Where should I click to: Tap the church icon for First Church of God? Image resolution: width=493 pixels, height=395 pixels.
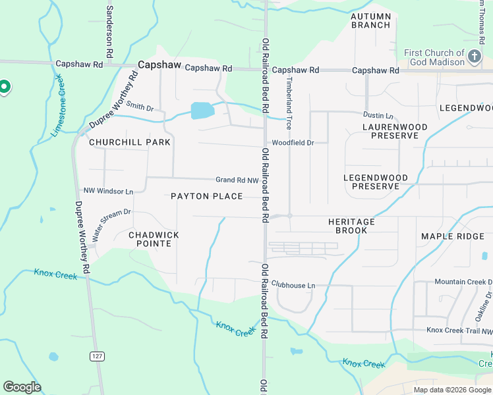pyautogui.click(x=475, y=57)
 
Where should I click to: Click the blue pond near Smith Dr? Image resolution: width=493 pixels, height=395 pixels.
pyautogui.click(x=202, y=111)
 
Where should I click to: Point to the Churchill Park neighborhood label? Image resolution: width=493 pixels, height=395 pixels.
pyautogui.click(x=130, y=142)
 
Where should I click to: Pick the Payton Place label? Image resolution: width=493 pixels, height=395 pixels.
pyautogui.click(x=206, y=196)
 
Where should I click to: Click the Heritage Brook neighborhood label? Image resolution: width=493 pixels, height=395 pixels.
pyautogui.click(x=351, y=226)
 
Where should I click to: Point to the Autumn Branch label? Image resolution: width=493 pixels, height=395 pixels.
pyautogui.click(x=371, y=20)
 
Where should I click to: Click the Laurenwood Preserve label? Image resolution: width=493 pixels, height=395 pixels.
pyautogui.click(x=395, y=131)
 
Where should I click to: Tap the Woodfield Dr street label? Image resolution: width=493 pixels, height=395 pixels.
pyautogui.click(x=293, y=142)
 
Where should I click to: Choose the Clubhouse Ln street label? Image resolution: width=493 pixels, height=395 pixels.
pyautogui.click(x=293, y=285)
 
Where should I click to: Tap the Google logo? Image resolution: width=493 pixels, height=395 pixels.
pyautogui.click(x=22, y=386)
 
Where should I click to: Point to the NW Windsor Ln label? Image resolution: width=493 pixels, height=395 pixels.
pyautogui.click(x=108, y=191)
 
